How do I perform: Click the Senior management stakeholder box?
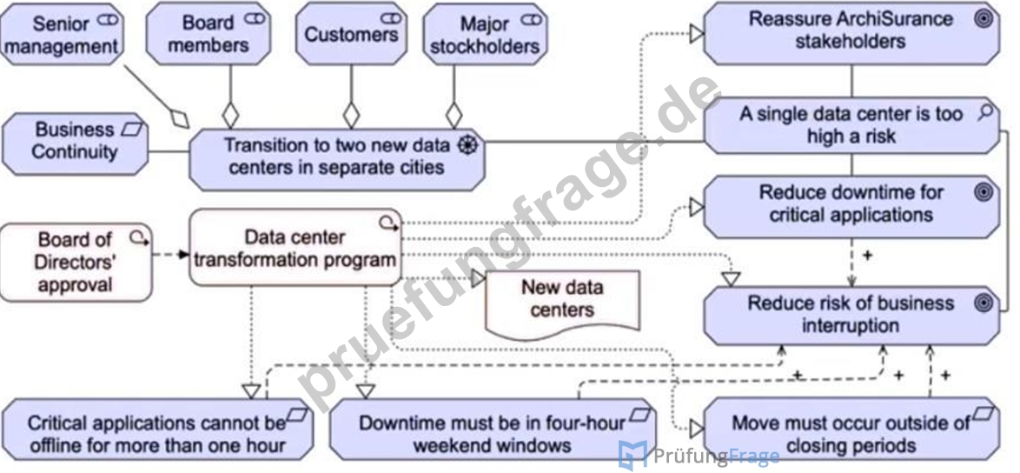pyautogui.click(x=61, y=35)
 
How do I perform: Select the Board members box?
pyautogui.click(x=209, y=35)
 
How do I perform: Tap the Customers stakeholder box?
pyautogui.click(x=351, y=35)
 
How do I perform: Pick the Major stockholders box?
pyautogui.click(x=486, y=35)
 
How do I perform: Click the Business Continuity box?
pyautogui.click(x=76, y=141)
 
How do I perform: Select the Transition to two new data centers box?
pyautogui.click(x=337, y=157)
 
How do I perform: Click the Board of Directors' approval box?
pyautogui.click(x=76, y=263)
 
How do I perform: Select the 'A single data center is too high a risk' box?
pyautogui.click(x=851, y=125)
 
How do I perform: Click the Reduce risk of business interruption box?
pyautogui.click(x=851, y=316)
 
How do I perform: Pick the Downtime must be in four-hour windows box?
pyautogui.click(x=493, y=431)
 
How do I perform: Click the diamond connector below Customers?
pyautogui.click(x=351, y=115)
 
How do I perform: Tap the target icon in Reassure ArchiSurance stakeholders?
pyautogui.click(x=983, y=19)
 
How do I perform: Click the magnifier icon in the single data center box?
pyautogui.click(x=985, y=113)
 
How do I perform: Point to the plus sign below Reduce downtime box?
pyautogui.click(x=866, y=255)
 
